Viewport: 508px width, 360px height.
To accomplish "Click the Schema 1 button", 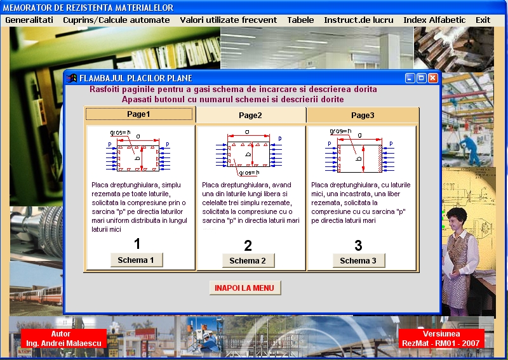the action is [x=137, y=260].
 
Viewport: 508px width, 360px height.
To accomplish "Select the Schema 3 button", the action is [x=359, y=260].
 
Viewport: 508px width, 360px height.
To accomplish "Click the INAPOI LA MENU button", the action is [x=245, y=288].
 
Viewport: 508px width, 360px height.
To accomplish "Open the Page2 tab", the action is [x=250, y=116].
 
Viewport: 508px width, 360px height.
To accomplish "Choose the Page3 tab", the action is [x=363, y=116].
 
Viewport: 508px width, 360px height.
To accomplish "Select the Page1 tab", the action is [x=139, y=114].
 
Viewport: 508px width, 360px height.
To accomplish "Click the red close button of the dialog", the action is [x=433, y=78].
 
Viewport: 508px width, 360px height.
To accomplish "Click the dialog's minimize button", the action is [x=410, y=78].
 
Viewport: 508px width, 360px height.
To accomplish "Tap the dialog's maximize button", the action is [x=421, y=78].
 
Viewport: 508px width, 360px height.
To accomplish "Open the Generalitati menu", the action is [x=29, y=20].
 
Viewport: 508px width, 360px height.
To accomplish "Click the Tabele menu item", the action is [x=300, y=20].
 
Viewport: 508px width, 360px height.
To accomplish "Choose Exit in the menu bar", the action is [x=483, y=20].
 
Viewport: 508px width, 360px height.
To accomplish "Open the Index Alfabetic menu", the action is [x=434, y=20].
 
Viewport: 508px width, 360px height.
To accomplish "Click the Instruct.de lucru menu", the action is [x=359, y=20].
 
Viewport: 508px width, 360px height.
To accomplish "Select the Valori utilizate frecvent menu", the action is [x=229, y=20].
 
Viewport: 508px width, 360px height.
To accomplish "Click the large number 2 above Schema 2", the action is [x=248, y=246].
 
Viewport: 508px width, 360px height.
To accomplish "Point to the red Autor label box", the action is [x=64, y=338].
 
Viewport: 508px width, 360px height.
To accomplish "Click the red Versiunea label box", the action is [x=441, y=338].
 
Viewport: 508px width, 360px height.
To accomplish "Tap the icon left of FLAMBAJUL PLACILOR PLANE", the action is [x=72, y=78].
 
